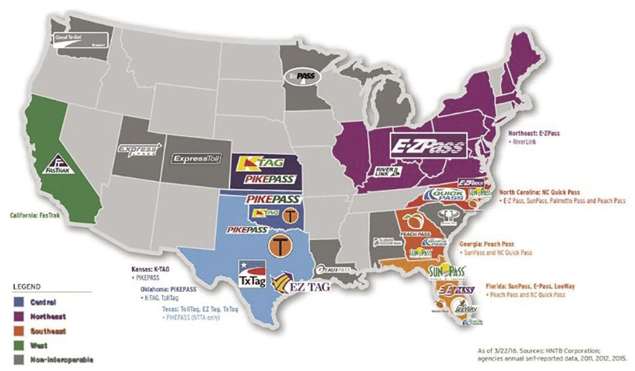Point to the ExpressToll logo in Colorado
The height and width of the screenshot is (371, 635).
[196, 159]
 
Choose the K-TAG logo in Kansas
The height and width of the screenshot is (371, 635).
[262, 163]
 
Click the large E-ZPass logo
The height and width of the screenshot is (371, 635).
[428, 146]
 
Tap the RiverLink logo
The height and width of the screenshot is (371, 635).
[387, 172]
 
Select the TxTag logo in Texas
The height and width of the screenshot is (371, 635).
[252, 273]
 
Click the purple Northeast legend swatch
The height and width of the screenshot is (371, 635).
[19, 316]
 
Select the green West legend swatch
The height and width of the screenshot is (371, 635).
[19, 345]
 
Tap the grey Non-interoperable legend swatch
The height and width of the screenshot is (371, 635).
[19, 359]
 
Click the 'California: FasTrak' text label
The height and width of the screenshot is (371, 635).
[35, 215]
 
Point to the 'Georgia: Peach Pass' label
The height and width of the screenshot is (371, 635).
[487, 244]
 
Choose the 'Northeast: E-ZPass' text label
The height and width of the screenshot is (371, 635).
[534, 133]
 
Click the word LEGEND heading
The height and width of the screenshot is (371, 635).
[27, 287]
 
